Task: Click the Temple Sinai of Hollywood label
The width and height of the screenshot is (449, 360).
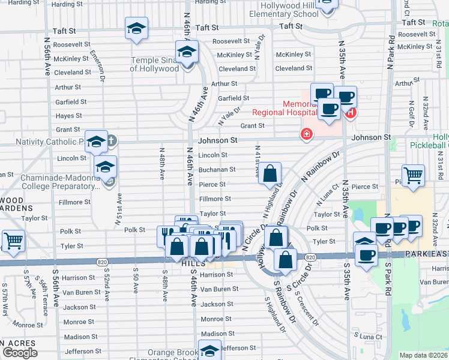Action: tap(154, 64)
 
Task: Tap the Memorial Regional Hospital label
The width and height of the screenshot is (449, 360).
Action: tap(284, 107)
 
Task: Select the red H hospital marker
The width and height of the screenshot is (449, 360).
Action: tap(351, 112)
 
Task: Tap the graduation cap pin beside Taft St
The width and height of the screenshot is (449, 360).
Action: tap(136, 28)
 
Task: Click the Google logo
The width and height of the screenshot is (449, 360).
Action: tap(20, 352)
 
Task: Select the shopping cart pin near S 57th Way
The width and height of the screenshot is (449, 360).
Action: tap(13, 241)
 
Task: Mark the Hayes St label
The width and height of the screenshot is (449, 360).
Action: tap(68, 116)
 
